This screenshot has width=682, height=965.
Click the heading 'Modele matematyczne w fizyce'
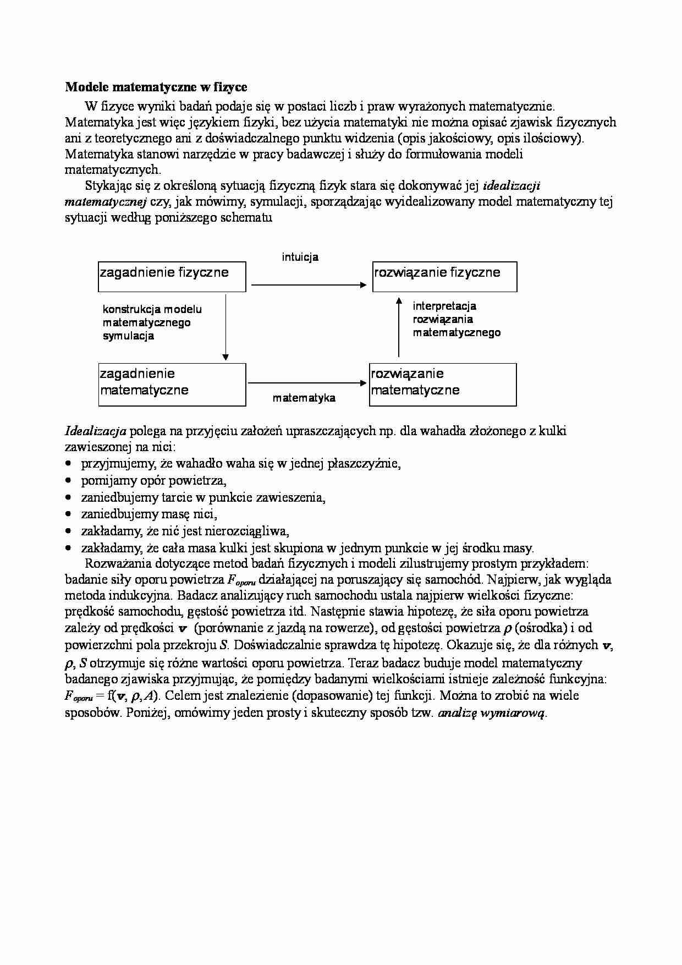156,87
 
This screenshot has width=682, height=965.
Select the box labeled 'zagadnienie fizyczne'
172,277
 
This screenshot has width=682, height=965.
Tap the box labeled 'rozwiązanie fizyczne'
444,277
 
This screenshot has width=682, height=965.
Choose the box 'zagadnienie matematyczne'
172,384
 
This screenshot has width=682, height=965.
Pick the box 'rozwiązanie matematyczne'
443,384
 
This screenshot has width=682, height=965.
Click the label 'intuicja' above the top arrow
300,257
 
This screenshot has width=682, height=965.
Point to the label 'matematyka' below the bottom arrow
304,398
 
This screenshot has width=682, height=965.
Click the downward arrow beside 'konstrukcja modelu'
225,327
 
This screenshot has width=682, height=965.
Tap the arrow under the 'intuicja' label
308,284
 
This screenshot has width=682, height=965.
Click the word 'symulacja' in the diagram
128,336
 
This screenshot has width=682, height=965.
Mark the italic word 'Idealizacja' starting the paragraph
96,431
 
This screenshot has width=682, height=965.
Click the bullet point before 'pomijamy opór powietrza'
68,481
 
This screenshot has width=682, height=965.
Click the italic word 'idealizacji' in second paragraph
512,185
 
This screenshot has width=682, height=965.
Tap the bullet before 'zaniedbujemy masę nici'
68,515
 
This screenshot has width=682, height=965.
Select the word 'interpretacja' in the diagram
444,306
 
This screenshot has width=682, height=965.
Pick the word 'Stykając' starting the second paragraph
107,185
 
